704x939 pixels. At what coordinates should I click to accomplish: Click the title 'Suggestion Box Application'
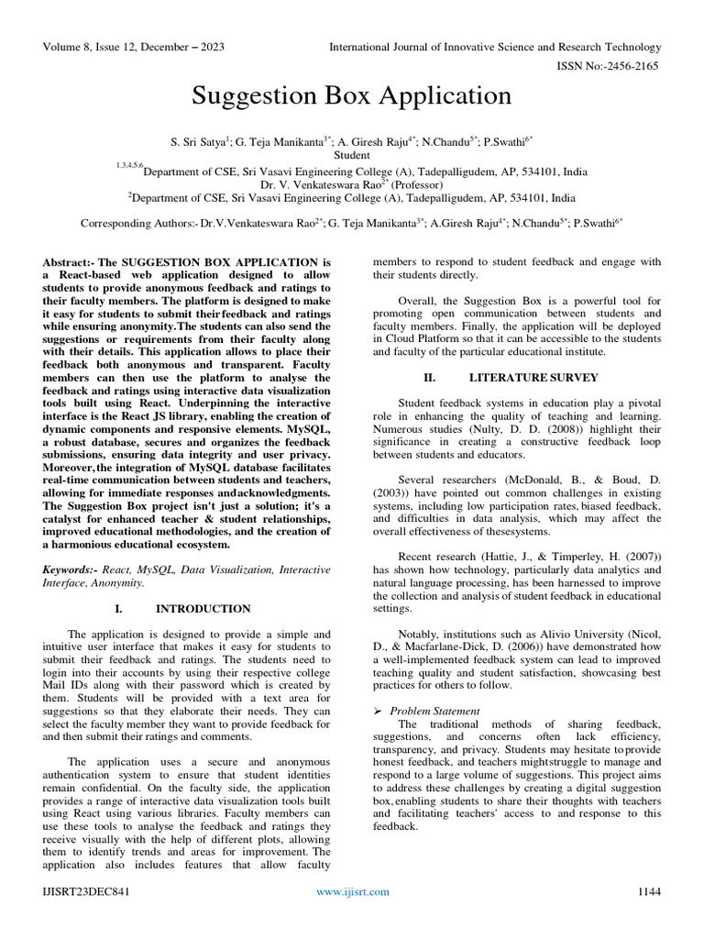pyautogui.click(x=351, y=96)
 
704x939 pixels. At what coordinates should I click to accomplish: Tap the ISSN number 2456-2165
pyautogui.click(x=628, y=66)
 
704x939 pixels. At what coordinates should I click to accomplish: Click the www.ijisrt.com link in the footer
pyautogui.click(x=352, y=891)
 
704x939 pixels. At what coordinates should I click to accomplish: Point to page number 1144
pyautogui.click(x=649, y=891)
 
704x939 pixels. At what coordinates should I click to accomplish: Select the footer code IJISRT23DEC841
pyautogui.click(x=82, y=891)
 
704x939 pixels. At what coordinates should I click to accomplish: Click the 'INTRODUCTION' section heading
pyautogui.click(x=203, y=608)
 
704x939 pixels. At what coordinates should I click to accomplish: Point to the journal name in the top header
pyautogui.click(x=495, y=47)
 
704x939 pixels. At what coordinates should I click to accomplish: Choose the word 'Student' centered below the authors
pyautogui.click(x=351, y=156)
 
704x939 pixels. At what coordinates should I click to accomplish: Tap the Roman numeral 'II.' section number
pyautogui.click(x=429, y=377)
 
